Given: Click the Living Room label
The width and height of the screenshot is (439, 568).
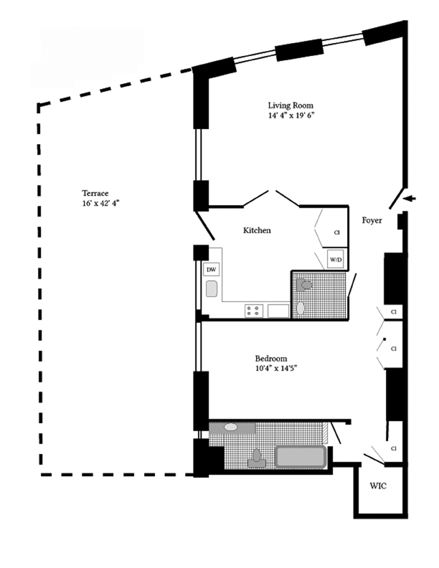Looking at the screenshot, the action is (x=291, y=105).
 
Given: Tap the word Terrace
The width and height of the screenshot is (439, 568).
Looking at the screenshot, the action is (x=95, y=193).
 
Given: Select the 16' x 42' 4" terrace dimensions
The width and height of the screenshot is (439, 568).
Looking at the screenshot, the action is (x=100, y=203).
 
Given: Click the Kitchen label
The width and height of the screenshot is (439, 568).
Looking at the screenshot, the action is (x=257, y=230).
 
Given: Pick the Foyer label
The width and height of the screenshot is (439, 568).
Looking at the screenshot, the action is (x=372, y=220).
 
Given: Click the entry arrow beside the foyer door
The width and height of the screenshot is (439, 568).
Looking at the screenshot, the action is (x=410, y=198).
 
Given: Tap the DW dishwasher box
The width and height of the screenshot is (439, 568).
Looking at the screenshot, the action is (x=211, y=270).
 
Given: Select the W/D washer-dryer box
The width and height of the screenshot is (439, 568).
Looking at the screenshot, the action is (x=336, y=260).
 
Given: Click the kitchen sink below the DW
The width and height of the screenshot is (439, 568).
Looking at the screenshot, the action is (x=212, y=289).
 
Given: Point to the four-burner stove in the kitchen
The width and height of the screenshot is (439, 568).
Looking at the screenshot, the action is (x=254, y=311).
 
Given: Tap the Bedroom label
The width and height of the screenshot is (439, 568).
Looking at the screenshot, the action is (x=271, y=359).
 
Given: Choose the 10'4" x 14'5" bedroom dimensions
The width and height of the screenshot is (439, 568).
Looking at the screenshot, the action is (x=276, y=369).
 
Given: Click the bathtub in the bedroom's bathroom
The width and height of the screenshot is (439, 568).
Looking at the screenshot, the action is (x=301, y=456).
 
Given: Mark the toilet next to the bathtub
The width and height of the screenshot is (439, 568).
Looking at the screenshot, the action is (x=257, y=458).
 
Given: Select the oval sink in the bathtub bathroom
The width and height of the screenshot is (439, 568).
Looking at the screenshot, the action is (x=230, y=427).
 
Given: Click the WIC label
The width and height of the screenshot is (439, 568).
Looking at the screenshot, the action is (x=378, y=486).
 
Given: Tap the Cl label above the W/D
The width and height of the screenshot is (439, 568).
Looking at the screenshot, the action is (x=337, y=232).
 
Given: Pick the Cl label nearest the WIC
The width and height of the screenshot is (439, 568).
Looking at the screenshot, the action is (x=394, y=448).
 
